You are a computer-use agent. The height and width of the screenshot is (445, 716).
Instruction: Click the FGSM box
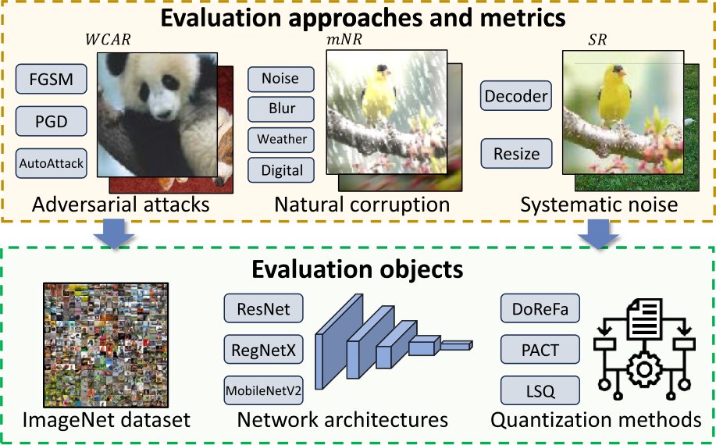[x=51, y=79]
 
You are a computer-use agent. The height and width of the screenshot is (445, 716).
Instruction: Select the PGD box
[x=51, y=122]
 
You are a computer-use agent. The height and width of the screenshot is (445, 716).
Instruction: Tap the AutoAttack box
[x=51, y=164]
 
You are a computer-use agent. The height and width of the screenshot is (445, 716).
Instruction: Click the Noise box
[x=280, y=79]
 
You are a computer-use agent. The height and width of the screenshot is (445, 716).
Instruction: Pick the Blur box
[x=280, y=109]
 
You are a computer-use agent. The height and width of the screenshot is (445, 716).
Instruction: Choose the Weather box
[x=280, y=139]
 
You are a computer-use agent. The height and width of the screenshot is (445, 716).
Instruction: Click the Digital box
[x=280, y=169]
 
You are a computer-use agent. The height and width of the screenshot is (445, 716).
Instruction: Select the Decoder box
[x=516, y=97]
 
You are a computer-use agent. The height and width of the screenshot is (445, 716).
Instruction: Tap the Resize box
[x=516, y=153]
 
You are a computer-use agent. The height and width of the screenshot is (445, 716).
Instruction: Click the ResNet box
[x=263, y=309]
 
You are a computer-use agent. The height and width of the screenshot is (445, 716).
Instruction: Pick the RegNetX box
[x=263, y=351]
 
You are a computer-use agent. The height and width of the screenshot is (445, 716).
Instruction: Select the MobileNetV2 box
[x=263, y=390]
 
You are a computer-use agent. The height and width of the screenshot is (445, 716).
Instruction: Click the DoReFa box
[x=539, y=309]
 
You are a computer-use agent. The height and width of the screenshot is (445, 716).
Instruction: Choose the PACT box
[x=539, y=349]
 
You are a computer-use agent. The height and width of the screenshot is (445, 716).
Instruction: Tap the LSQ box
[x=539, y=389]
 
